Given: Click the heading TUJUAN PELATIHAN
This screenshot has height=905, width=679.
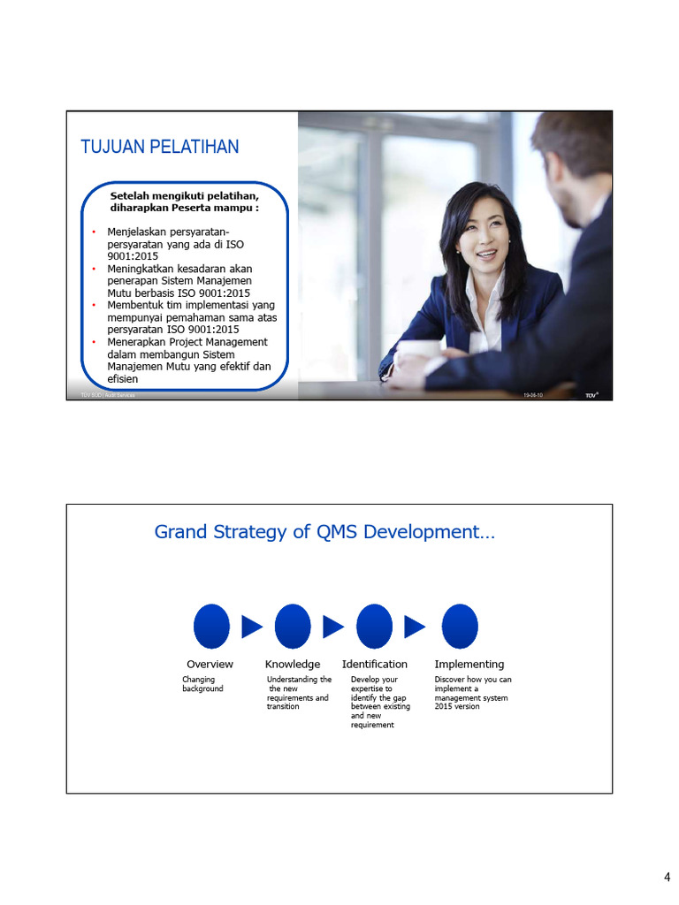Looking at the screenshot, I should point(160,147).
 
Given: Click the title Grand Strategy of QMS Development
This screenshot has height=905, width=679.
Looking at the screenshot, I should point(324,531).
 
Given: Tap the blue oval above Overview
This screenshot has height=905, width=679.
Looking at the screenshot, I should point(211,627).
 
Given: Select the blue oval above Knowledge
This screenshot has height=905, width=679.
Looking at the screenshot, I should point(293,627).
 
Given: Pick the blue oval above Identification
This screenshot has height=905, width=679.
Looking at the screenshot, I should point(374,627).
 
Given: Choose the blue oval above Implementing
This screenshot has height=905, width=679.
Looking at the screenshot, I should point(460,627).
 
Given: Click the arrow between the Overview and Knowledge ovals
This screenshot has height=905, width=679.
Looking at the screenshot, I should point(252,627).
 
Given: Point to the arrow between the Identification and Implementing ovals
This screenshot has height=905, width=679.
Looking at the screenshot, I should point(415,627).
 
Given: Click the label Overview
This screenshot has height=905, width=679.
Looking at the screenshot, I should point(210,664).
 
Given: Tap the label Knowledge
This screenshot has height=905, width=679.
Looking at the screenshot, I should point(293,664).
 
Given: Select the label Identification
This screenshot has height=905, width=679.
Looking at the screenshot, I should point(375,664).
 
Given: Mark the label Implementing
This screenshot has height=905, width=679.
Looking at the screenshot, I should point(469,664).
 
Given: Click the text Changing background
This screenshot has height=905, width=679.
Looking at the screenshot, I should point(202,684).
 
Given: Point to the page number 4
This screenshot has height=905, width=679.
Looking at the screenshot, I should point(668,877).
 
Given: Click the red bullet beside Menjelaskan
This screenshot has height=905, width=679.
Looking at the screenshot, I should point(94,232).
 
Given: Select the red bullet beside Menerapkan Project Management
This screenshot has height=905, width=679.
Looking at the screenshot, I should point(94,342).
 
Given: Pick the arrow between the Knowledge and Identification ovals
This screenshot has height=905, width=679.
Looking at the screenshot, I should point(333,627).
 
